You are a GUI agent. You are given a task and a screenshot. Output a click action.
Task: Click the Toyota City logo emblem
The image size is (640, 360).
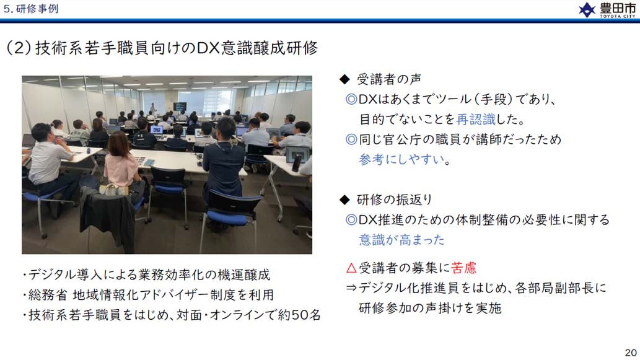coord(587,10)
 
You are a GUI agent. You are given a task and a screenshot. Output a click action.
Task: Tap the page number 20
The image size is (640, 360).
coord(631,352)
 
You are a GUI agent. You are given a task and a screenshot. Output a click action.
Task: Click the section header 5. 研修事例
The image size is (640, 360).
coord(30,9)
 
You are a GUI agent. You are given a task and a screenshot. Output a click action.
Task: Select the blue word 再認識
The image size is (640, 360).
coord(476,119)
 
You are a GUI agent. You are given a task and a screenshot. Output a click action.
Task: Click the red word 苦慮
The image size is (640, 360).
coord(463,268)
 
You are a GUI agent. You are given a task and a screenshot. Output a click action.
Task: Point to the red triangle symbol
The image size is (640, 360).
coord(351,268)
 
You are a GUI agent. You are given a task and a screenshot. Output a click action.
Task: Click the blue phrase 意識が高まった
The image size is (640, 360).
coord(401,240)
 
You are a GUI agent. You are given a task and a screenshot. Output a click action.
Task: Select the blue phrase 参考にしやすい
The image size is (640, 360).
coord(401,159)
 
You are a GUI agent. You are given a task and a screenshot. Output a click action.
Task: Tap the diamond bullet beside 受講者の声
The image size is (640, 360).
coord(344,79)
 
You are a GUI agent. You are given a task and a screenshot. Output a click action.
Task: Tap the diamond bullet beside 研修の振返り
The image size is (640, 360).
coord(344,200)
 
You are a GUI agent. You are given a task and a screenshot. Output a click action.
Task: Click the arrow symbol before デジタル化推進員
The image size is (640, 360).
coord(351,288)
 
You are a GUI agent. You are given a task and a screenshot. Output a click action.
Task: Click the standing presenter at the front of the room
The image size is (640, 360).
coord(153,110)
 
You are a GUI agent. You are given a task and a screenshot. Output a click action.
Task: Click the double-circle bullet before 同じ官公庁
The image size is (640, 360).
coord(351,139)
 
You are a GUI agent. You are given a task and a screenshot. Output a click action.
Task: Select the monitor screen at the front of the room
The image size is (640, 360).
coord(180,107)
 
